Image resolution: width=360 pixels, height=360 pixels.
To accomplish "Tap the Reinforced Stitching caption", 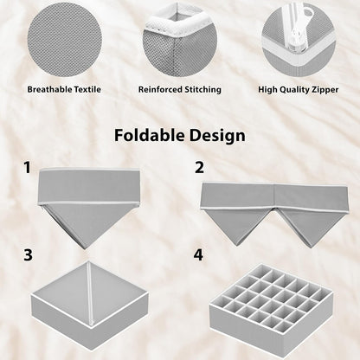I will pos(179,88).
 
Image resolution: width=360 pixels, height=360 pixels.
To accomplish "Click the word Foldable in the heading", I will pos(147,136).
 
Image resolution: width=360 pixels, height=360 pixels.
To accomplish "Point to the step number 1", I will pos(29,166).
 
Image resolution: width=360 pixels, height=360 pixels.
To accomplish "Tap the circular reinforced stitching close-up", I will pos(179,37).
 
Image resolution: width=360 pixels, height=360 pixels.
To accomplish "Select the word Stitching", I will pos(198,88).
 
